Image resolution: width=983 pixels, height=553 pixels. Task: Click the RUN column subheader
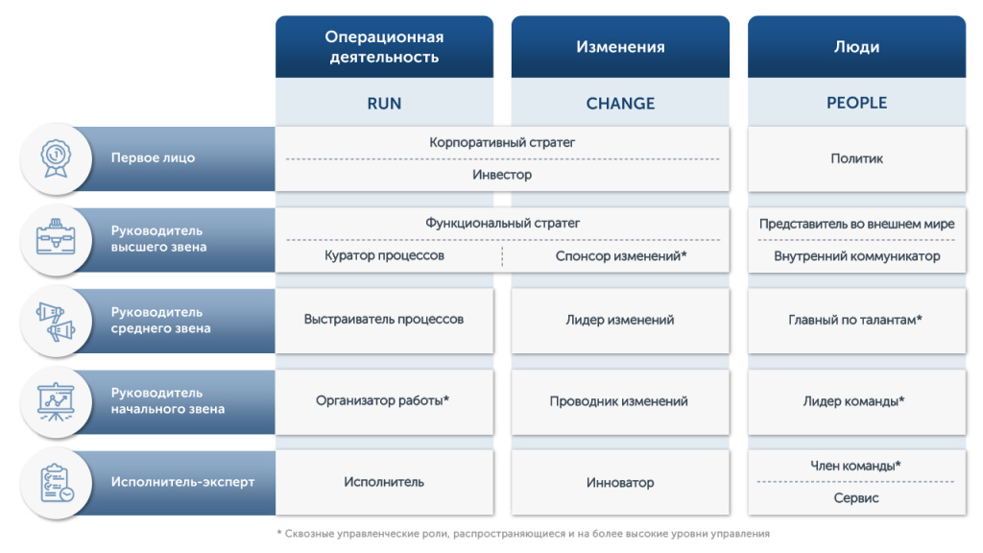(384, 103)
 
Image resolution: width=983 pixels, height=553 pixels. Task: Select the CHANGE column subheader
(620, 103)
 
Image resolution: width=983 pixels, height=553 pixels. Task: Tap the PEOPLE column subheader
(856, 103)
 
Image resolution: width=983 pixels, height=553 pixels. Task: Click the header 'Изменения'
(620, 47)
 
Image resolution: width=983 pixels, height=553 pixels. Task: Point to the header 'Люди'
(856, 47)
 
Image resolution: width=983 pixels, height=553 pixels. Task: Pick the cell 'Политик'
(856, 158)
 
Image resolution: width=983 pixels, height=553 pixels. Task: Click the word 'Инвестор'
(501, 175)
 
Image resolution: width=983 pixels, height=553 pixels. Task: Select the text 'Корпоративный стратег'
(501, 143)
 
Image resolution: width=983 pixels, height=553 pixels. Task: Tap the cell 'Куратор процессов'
(384, 256)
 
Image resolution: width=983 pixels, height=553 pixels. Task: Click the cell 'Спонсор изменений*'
(620, 256)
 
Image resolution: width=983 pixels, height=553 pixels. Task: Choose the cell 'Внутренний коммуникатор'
(856, 256)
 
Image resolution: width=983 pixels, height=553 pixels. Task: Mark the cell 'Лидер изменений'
(620, 320)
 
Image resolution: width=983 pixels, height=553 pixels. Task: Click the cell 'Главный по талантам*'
(856, 320)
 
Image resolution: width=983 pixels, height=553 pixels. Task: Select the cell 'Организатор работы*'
(384, 401)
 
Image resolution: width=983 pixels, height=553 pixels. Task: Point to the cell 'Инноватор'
(620, 482)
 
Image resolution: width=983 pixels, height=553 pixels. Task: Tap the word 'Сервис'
(856, 498)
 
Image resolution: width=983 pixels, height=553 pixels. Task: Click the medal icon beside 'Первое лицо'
(56, 157)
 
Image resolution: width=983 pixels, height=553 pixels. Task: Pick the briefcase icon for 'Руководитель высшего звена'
(56, 239)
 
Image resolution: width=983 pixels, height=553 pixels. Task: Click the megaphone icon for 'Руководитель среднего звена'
(56, 321)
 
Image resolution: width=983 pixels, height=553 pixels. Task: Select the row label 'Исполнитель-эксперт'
(182, 482)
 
